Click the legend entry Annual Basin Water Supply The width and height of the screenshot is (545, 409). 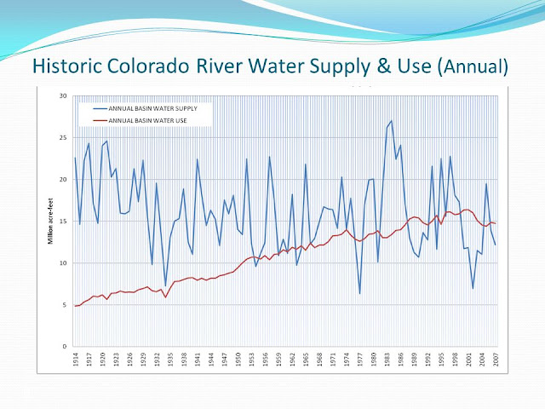coord(154,109)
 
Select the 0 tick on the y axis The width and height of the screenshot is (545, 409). coord(64,347)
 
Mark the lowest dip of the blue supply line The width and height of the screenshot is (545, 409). coord(360,294)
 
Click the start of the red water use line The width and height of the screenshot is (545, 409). coord(75,306)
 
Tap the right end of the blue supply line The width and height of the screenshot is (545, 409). coord(495,245)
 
